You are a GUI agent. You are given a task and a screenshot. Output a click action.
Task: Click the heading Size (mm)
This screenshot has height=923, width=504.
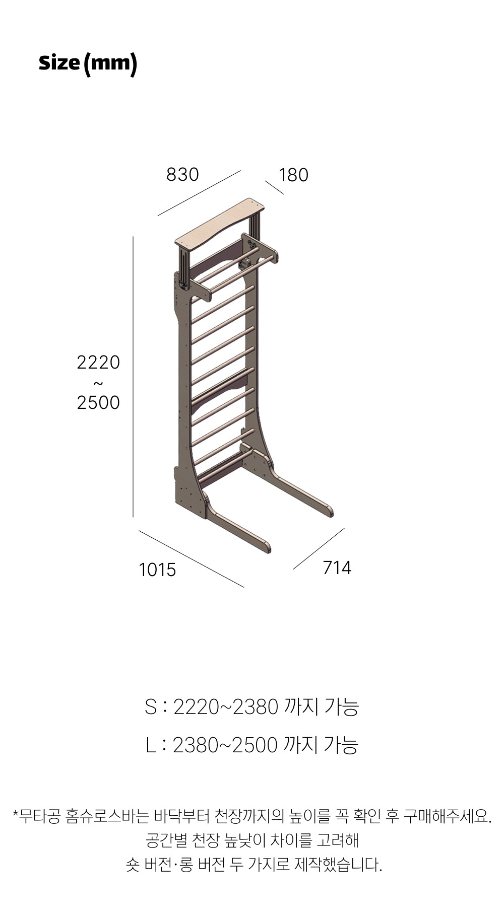(x=88, y=63)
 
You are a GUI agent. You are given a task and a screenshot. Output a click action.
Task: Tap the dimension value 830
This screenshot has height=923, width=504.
(x=182, y=174)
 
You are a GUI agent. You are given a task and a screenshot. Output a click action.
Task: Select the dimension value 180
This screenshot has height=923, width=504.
(x=293, y=175)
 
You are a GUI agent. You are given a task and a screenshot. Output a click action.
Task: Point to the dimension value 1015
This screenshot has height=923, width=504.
(x=157, y=570)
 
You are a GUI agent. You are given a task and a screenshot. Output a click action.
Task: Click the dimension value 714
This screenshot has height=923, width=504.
(x=337, y=567)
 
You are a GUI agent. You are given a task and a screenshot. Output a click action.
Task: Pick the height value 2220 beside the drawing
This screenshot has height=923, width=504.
(x=98, y=362)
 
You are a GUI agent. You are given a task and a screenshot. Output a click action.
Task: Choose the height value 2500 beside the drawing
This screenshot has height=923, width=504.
(x=98, y=402)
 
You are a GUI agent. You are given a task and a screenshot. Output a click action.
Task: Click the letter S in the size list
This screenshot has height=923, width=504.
(x=151, y=707)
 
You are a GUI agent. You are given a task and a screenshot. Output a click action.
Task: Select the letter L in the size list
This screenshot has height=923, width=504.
(x=150, y=745)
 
